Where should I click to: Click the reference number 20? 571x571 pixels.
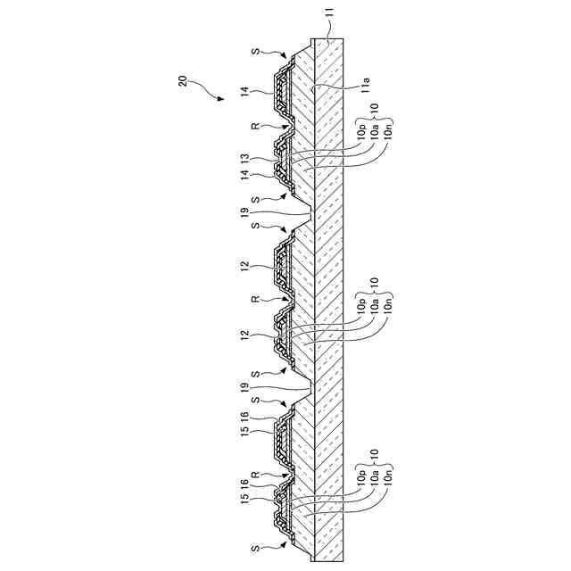coord(182,81)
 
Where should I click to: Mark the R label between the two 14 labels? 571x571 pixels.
coord(255,127)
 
